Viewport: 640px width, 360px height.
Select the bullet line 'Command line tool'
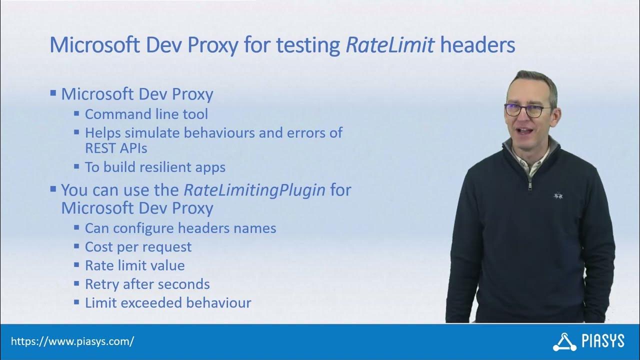tap(146, 114)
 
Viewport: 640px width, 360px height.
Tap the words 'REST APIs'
tap(116, 148)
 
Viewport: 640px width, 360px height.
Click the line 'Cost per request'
tap(138, 247)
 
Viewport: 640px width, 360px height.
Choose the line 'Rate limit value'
tap(134, 265)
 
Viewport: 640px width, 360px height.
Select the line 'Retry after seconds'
tap(147, 284)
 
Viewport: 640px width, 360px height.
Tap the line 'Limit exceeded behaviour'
tap(167, 302)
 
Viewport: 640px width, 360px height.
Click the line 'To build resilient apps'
tap(155, 167)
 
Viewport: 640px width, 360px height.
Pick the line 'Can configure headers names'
tap(180, 228)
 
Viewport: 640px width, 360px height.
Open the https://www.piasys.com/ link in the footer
tap(72, 342)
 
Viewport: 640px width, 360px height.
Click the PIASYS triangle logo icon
tap(564, 341)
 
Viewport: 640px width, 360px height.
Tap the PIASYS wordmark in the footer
tap(603, 342)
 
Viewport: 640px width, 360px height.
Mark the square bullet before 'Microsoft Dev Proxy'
tap(53, 93)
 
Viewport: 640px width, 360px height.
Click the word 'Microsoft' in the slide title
tap(93, 45)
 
